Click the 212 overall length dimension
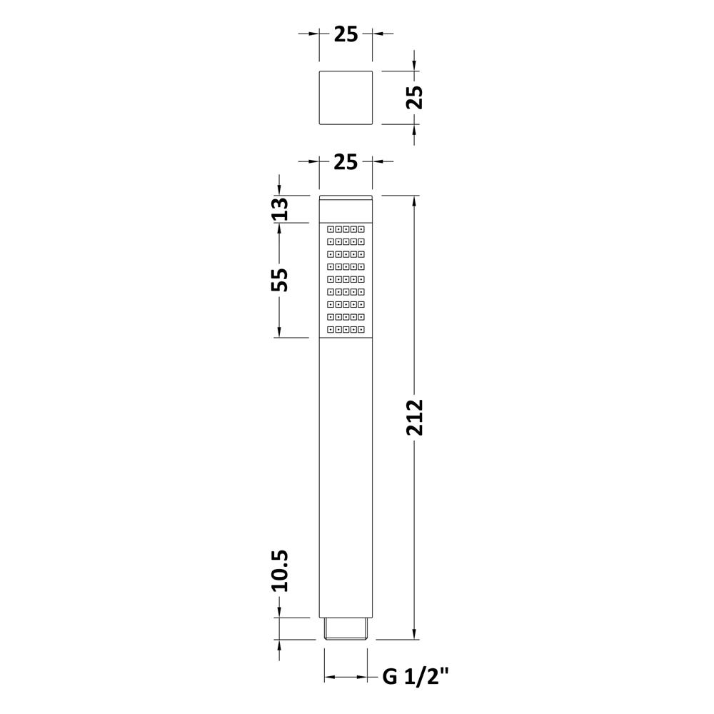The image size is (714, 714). pos(415,417)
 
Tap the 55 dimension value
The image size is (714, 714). pos(280,280)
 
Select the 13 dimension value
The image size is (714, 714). pos(280,209)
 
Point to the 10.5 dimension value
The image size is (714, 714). pos(280,571)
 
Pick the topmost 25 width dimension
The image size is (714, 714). pos(346,34)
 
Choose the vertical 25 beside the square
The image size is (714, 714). pos(415,97)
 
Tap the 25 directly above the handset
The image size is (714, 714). pos(346,161)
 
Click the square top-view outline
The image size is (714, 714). pos(346,97)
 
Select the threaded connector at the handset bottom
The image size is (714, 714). pos(346,629)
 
